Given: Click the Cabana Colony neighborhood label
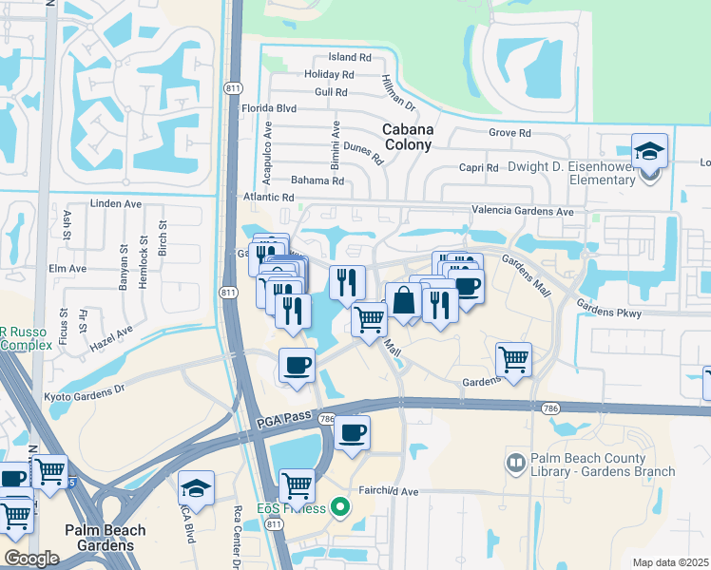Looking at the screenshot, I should click(x=407, y=137).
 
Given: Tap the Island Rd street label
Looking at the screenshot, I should click(x=349, y=57).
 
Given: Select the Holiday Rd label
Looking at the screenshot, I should click(x=330, y=74).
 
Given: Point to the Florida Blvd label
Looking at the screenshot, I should click(x=268, y=108).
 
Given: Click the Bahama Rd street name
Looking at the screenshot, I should click(x=317, y=180).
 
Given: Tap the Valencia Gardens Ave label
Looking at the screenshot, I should click(x=523, y=212).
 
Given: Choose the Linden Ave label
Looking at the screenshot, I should click(x=115, y=203).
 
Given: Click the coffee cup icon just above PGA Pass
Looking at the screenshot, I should click(x=297, y=366).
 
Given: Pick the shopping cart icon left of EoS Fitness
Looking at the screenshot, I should click(x=298, y=485).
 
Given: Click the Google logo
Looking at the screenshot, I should click(x=31, y=559).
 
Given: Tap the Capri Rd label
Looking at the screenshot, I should click(x=479, y=168).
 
